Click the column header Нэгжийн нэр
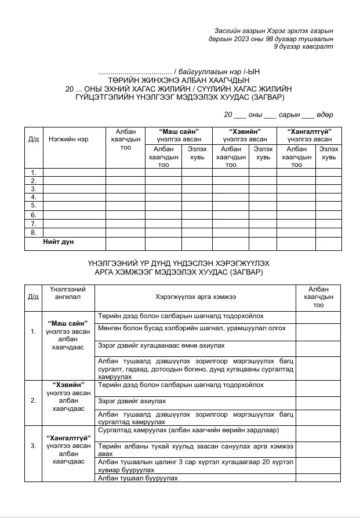click(68, 140)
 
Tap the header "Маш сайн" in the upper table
click(179, 132)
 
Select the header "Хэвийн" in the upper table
click(245, 132)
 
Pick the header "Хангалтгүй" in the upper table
click(309, 132)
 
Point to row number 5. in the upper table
click(34, 205)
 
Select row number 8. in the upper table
click(34, 232)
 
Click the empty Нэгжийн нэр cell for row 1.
click(74, 172)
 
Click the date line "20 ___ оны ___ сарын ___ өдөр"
click(278, 115)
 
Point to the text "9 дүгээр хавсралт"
click(307, 46)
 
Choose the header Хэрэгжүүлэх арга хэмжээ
click(195, 297)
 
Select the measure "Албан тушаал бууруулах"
click(138, 478)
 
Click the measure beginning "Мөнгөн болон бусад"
click(192, 328)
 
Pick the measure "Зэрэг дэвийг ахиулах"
click(132, 401)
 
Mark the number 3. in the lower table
click(33, 446)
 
